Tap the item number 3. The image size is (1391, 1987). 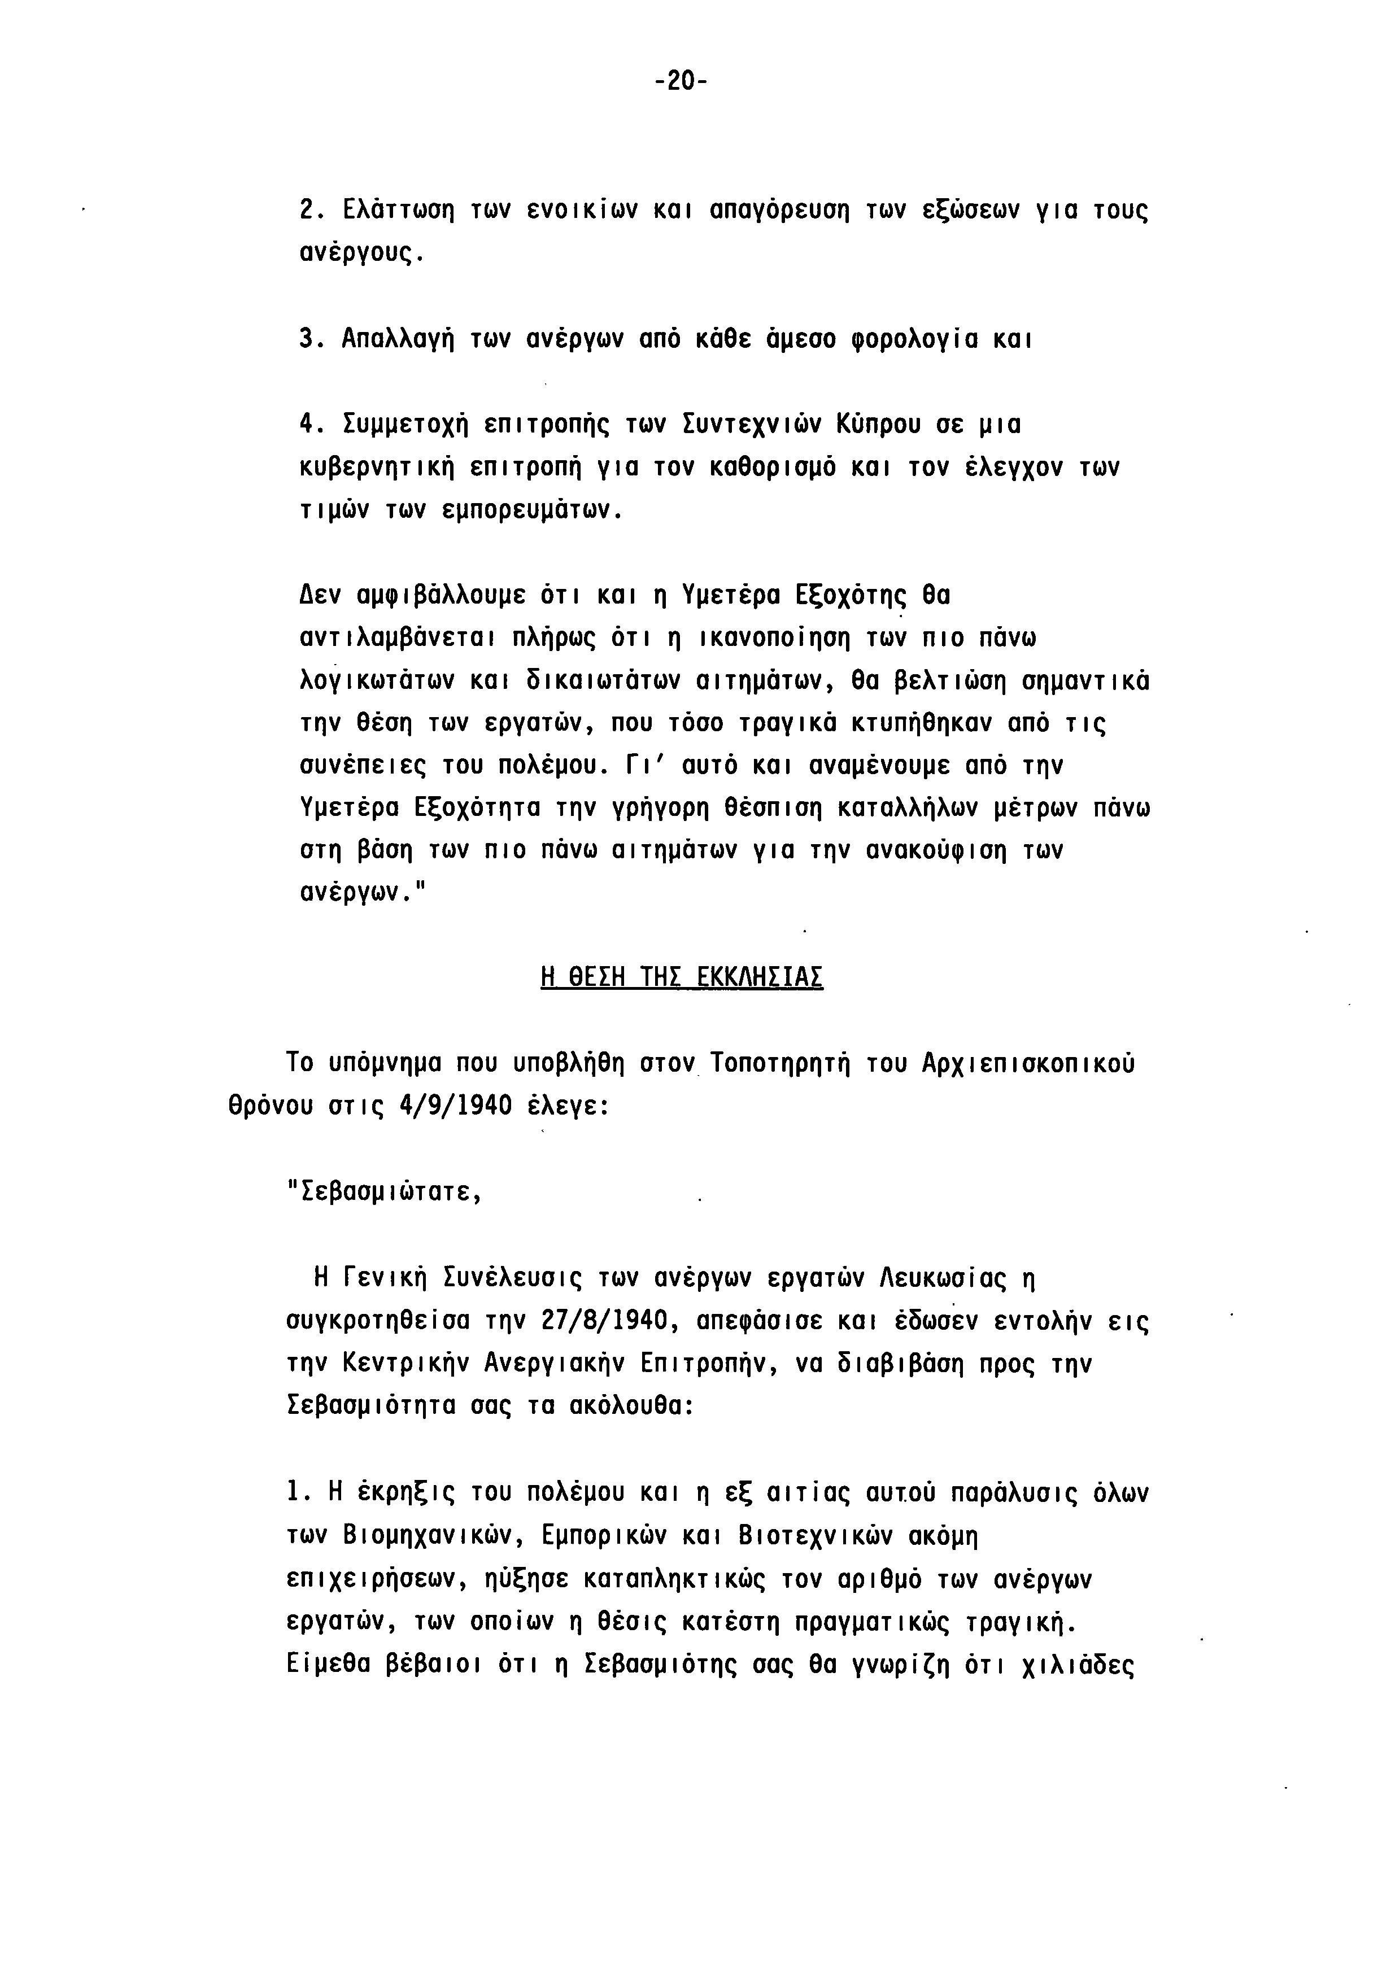(307, 338)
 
